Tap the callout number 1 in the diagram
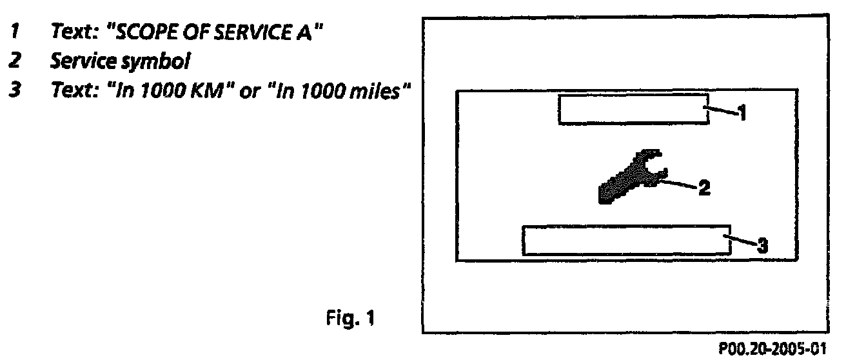tap(742, 114)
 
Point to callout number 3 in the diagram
tap(762, 245)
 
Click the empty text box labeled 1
tap(633, 109)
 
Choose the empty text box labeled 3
tap(625, 240)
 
